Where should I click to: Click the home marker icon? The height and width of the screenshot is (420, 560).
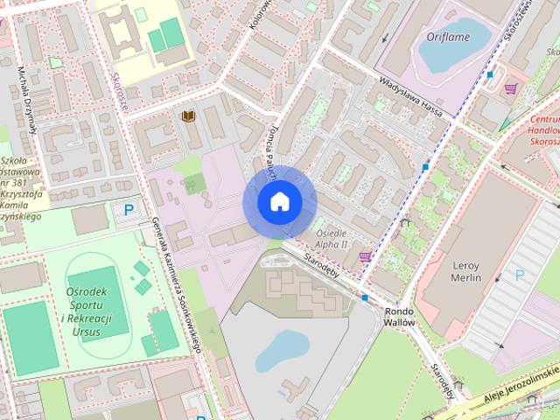point(279,202)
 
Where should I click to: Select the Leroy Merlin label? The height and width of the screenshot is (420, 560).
point(464,270)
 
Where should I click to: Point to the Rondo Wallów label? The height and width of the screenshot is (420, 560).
point(398,316)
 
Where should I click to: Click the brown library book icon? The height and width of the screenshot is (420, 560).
point(187,116)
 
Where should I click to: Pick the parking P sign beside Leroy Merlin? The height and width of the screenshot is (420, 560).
point(519,275)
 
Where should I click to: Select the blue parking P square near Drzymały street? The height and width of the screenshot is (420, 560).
point(129,210)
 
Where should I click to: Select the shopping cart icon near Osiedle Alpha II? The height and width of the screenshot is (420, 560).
point(364,256)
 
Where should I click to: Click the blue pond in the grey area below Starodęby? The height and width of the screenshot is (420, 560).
point(279,351)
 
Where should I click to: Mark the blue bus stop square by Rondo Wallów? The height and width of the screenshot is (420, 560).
point(365,297)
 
